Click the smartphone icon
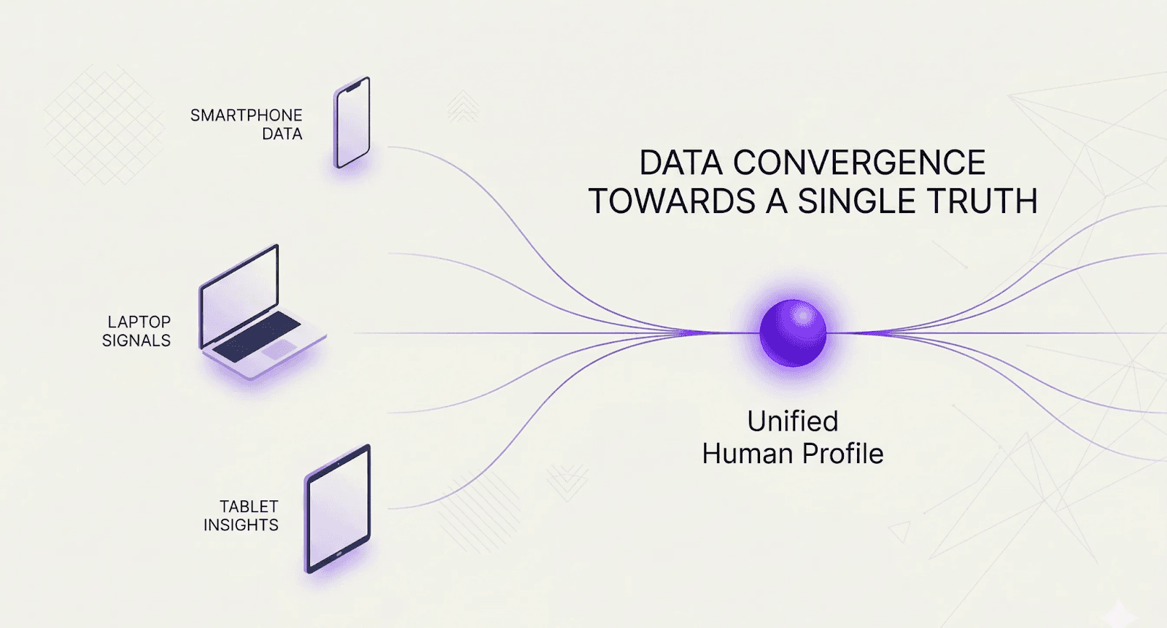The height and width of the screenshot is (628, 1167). click(352, 123)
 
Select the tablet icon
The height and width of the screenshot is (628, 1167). click(338, 509)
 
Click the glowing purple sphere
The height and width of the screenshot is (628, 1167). click(793, 333)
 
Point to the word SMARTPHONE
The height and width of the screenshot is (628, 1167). click(246, 115)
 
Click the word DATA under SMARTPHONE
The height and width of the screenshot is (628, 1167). click(282, 134)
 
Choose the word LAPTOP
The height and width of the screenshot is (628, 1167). click(139, 322)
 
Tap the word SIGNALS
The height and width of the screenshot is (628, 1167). click(136, 341)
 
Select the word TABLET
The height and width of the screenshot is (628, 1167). click(249, 506)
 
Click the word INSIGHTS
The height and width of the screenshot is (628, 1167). click(241, 525)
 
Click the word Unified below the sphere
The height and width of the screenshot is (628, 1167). click(793, 422)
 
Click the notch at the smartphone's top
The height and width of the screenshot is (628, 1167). click(354, 86)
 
